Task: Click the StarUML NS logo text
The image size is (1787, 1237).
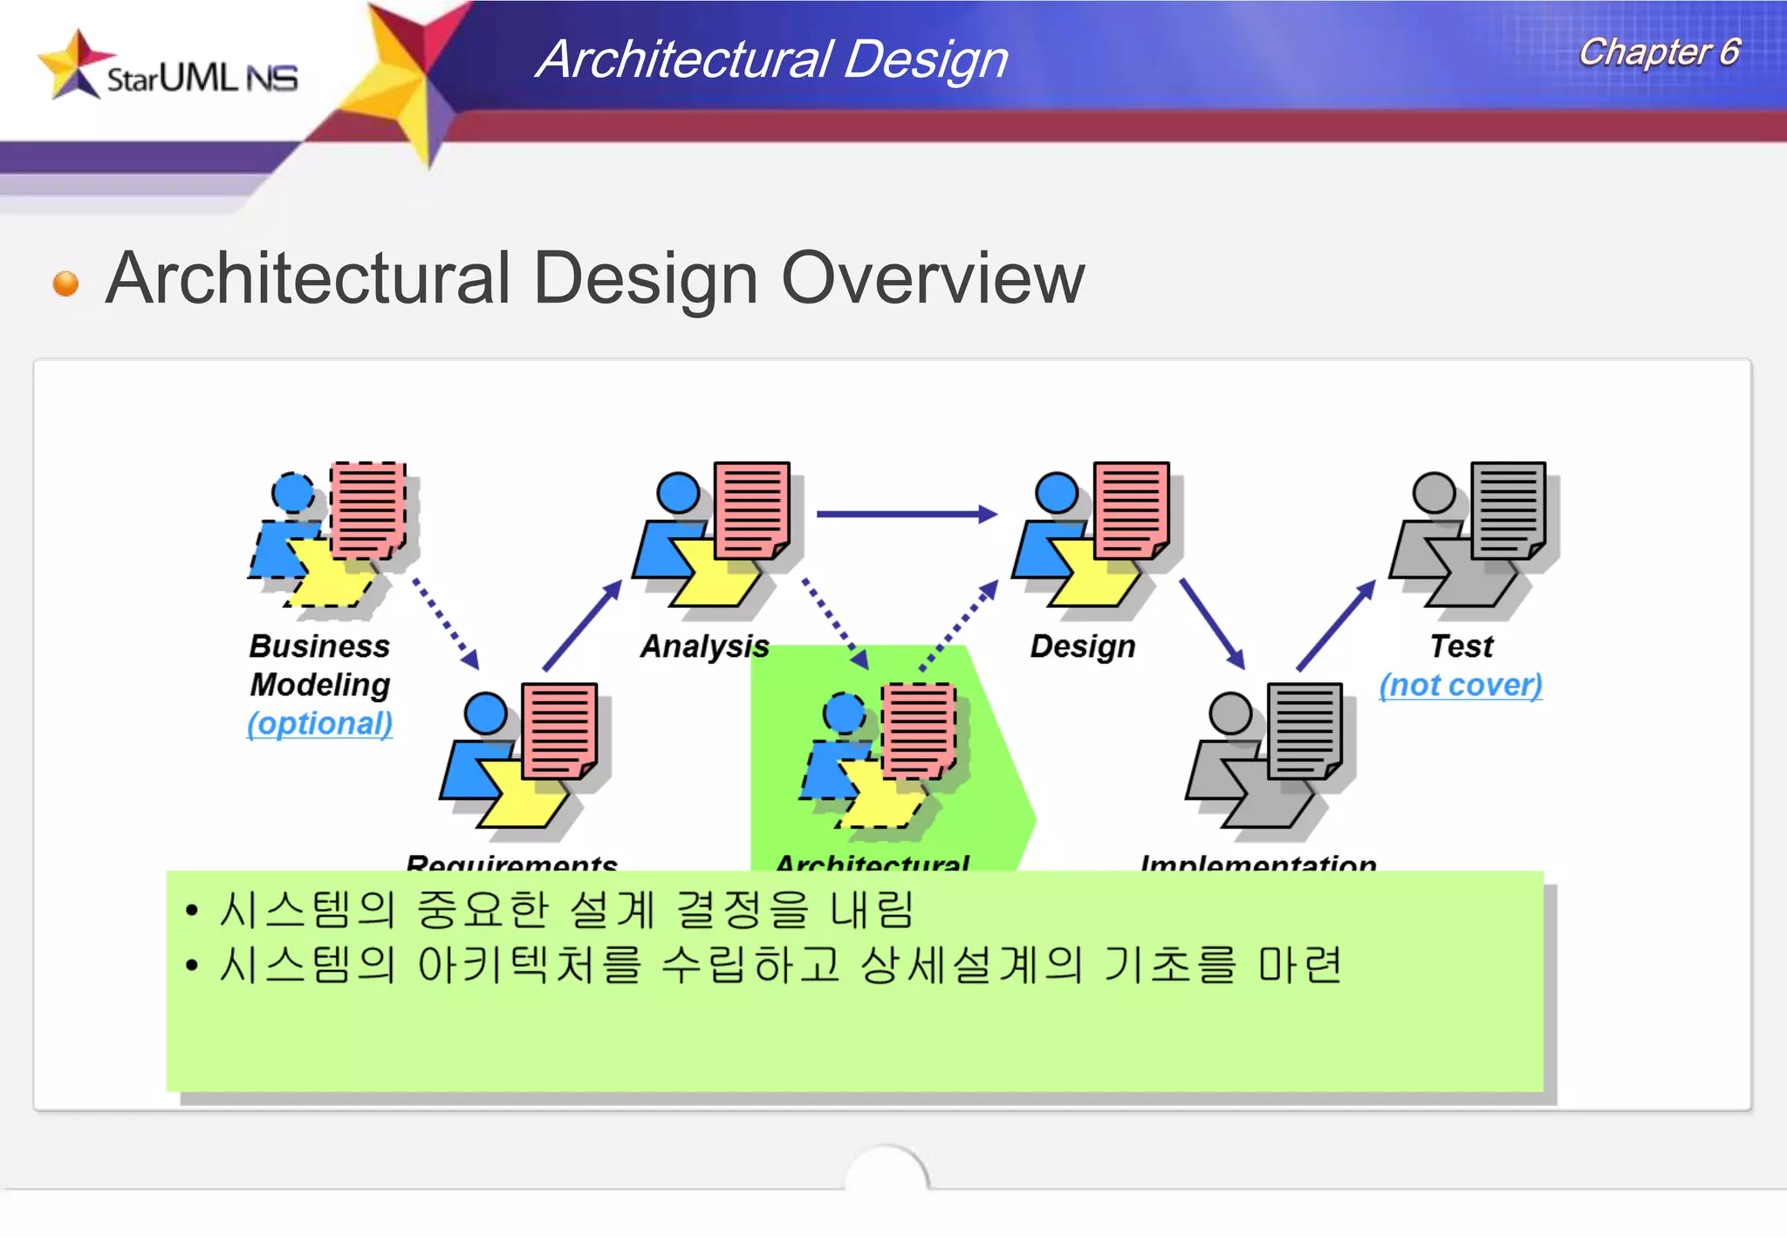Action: coord(202,79)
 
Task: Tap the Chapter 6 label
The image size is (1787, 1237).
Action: coord(1659,52)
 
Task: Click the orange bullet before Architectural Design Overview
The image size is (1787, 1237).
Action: coord(65,284)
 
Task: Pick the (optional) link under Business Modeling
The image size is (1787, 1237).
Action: coord(319,723)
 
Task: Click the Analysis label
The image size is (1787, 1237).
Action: coord(704,646)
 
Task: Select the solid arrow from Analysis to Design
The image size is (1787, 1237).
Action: coord(907,514)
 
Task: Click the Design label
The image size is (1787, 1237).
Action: coord(1083,646)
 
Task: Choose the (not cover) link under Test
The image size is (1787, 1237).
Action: coord(1461,685)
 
